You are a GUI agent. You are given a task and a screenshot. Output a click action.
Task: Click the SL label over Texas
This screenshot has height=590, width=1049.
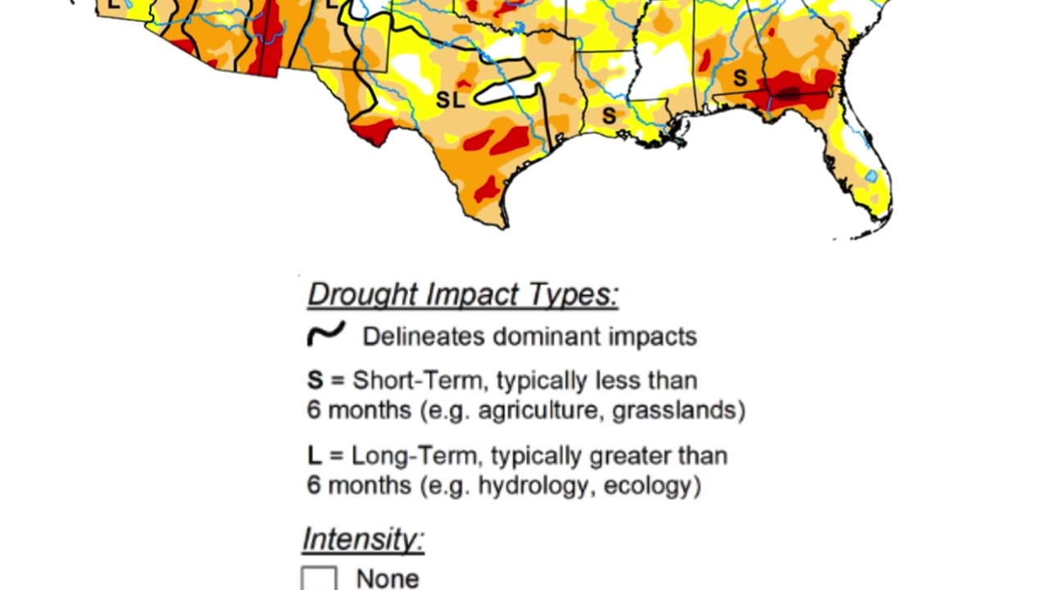tap(450, 100)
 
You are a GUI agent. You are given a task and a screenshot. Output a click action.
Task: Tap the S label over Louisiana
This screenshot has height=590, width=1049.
tap(609, 116)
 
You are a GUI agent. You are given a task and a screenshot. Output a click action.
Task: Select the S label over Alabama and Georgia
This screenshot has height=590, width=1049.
tap(740, 79)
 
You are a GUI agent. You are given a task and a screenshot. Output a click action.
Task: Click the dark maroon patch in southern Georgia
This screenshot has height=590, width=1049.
tap(788, 94)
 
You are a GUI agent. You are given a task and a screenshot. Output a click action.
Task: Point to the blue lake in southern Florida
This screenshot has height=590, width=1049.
tap(871, 175)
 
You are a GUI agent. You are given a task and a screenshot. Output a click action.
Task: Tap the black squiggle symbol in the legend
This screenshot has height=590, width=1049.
tap(325, 334)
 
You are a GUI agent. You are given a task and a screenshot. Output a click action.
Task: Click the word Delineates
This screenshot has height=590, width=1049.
tap(414, 336)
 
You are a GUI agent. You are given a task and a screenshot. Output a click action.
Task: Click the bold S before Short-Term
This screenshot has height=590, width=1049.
tap(316, 380)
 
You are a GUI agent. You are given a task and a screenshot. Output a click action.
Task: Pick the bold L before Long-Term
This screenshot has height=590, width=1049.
tap(314, 456)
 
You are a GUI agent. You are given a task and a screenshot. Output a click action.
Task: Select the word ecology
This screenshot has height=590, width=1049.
tap(652, 485)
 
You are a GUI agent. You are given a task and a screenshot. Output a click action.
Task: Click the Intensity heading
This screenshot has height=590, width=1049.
tap(363, 539)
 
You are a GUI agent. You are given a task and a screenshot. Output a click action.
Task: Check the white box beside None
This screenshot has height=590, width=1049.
tap(319, 579)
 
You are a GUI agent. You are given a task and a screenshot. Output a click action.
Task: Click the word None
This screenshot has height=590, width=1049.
tap(387, 579)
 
